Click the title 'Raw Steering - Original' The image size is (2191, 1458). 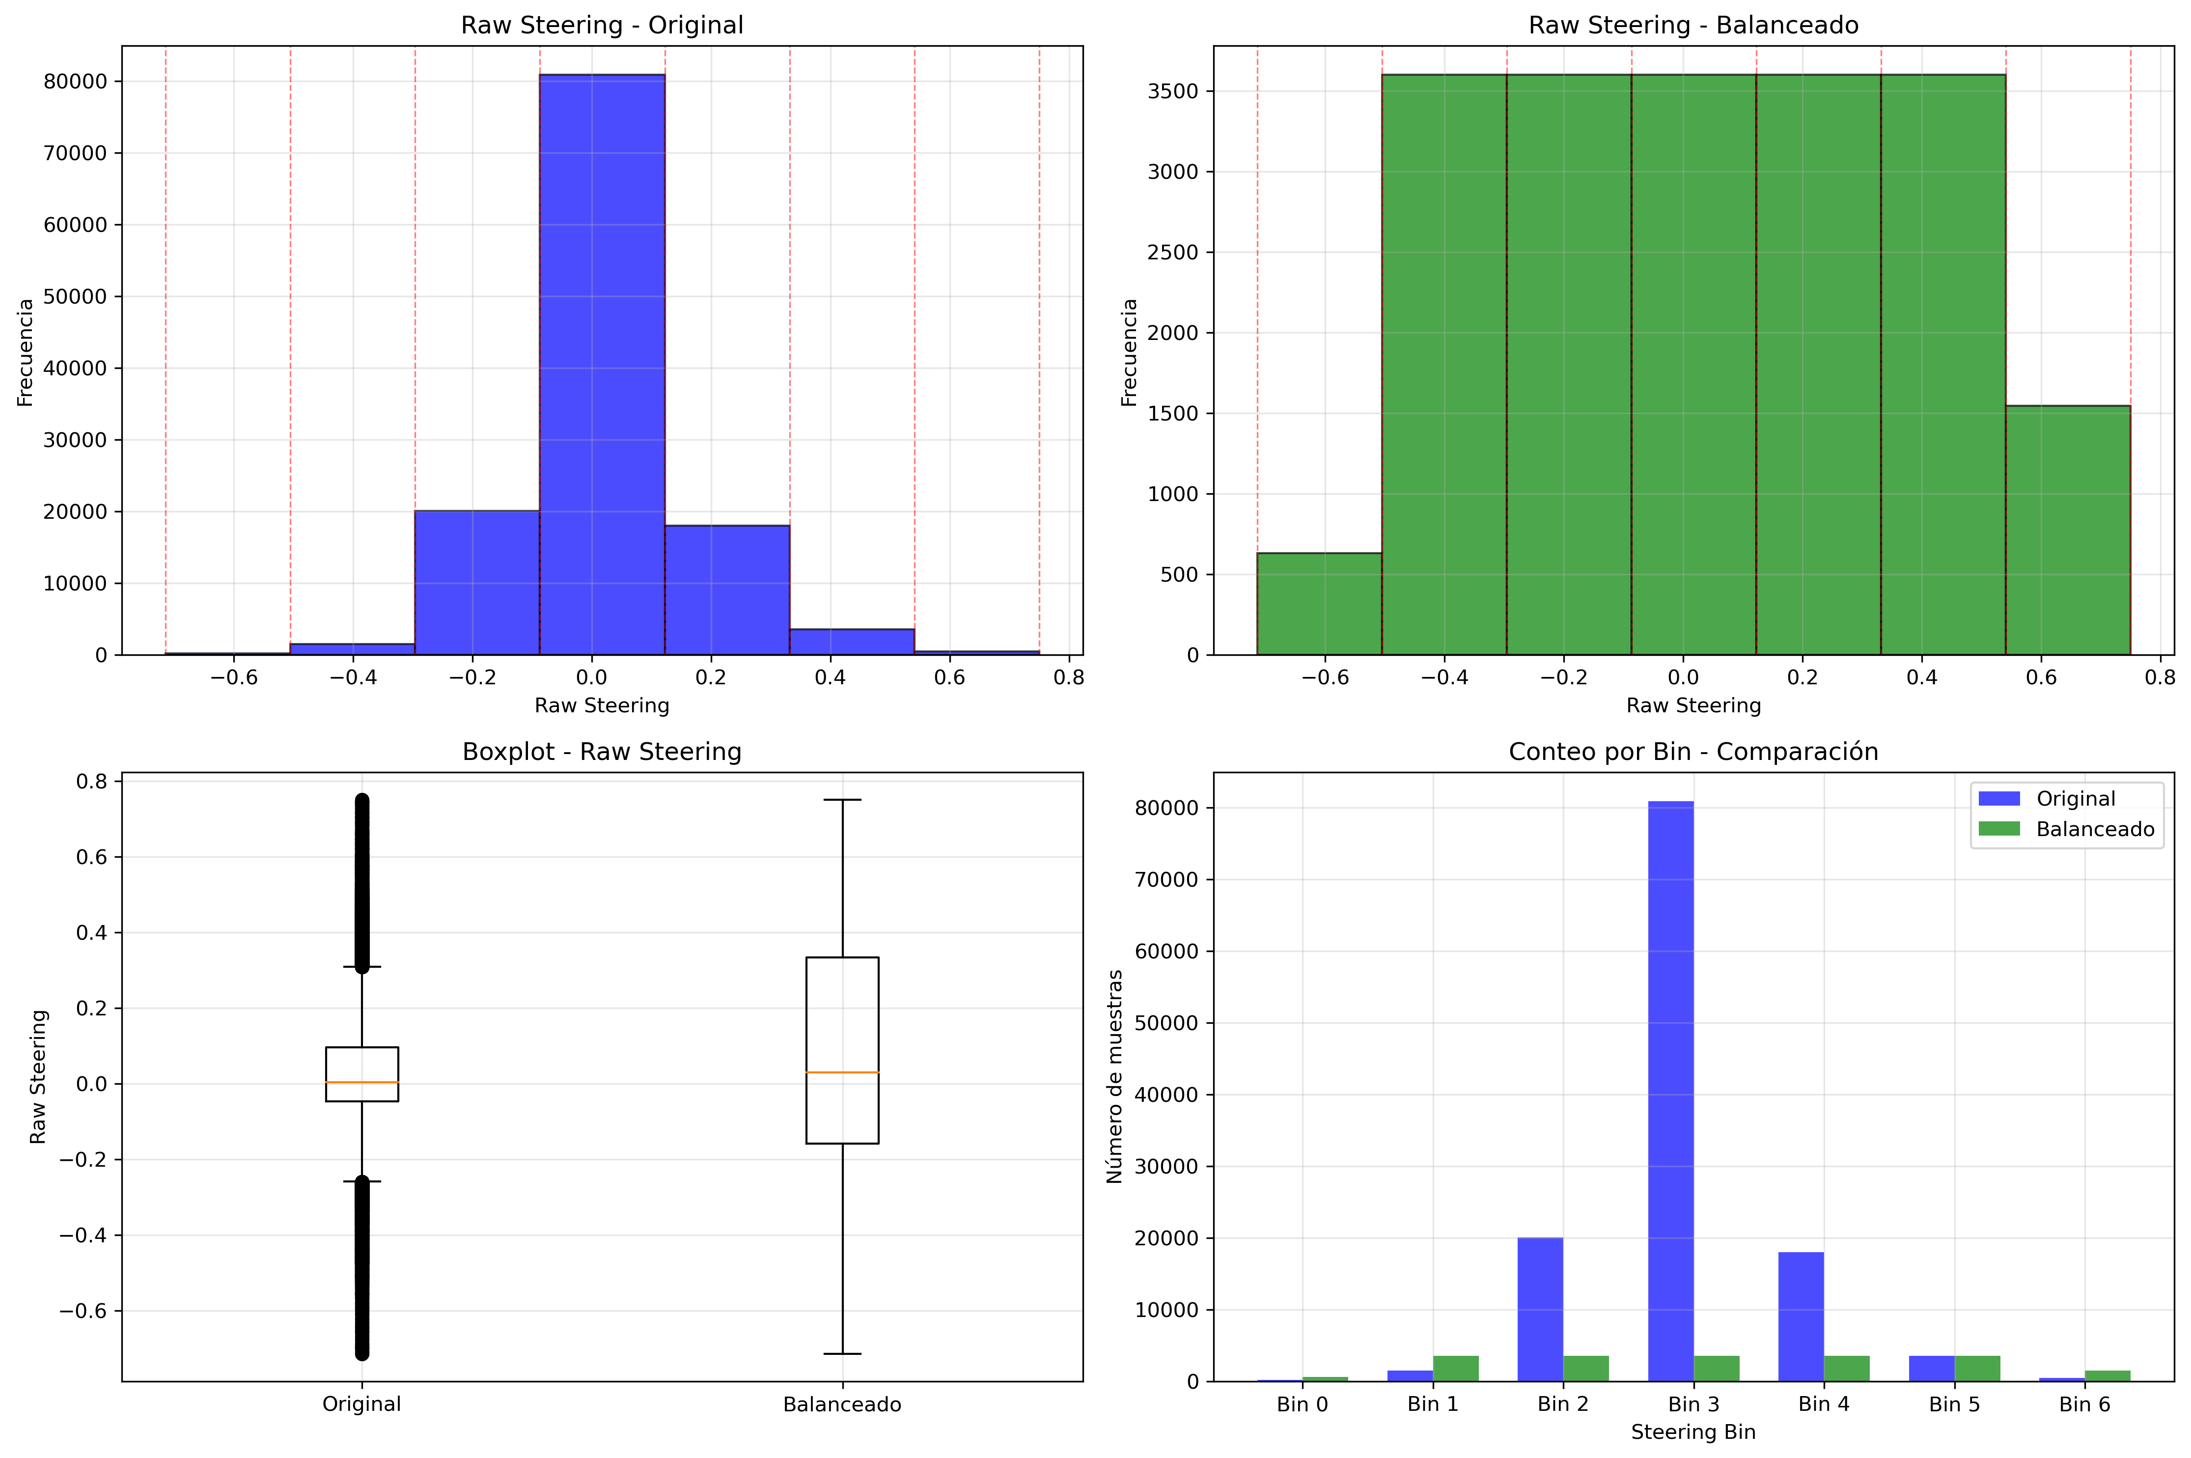602,25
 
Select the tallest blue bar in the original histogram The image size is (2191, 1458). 602,363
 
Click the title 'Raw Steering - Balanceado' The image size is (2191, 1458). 1693,25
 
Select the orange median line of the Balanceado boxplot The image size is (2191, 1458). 842,1072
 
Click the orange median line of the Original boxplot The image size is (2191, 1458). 361,1082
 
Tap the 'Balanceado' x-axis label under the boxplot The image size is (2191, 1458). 842,1404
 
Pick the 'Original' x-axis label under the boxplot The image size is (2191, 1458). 361,1404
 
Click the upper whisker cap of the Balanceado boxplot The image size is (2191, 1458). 842,800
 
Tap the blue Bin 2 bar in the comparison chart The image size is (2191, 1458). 1540,1309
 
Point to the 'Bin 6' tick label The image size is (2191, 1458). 2084,1404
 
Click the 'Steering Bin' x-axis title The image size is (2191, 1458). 1693,1432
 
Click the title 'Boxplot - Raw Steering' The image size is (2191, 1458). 602,751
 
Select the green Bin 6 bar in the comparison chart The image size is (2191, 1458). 2108,1375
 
